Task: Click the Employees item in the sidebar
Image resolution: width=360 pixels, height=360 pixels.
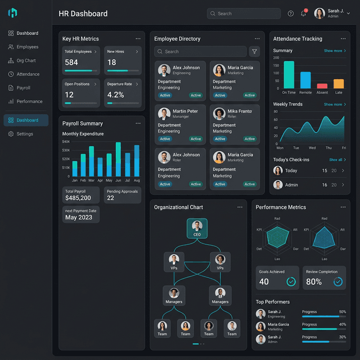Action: pos(27,47)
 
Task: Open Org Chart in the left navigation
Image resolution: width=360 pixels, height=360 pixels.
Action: pos(26,61)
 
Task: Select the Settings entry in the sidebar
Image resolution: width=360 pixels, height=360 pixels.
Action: pos(25,134)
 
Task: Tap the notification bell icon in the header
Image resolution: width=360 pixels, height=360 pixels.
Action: pos(303,13)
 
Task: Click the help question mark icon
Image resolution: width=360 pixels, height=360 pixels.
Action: pos(291,13)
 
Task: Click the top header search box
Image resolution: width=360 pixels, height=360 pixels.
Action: pos(244,13)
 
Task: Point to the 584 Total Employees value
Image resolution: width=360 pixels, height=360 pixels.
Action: pos(71,62)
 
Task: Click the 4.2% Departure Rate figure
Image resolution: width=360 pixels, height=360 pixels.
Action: pos(115,95)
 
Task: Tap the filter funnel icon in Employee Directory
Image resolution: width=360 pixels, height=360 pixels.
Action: pos(254,51)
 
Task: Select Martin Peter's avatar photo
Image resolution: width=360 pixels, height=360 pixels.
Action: pos(164,114)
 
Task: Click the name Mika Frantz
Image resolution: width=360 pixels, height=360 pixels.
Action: pos(240,111)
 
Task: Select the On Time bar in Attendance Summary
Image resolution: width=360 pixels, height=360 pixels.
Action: pos(289,75)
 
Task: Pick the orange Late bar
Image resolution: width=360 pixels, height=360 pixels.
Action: pos(339,84)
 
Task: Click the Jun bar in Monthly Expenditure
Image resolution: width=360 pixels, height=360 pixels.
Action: pos(118,159)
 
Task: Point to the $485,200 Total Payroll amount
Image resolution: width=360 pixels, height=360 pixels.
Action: pos(78,198)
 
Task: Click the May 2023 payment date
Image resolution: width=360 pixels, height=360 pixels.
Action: pos(79,217)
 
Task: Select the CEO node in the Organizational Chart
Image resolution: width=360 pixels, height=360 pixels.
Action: pos(197,228)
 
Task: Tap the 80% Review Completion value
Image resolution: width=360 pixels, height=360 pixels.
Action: pos(314,282)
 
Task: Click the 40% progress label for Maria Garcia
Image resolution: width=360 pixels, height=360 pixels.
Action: pos(343,325)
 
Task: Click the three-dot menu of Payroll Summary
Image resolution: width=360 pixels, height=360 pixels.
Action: pos(138,123)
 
